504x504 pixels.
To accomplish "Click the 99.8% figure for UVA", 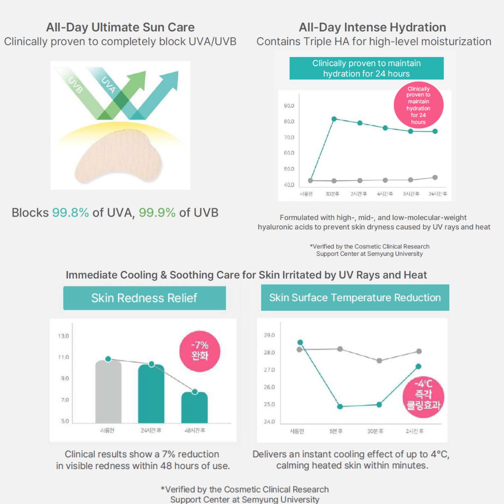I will click(70, 213).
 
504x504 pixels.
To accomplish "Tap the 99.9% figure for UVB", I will click(157, 213).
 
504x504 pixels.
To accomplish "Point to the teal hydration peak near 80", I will click(334, 119).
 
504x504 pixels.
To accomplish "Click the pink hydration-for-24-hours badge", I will click(418, 105).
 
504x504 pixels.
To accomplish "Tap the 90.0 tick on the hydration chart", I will click(288, 106).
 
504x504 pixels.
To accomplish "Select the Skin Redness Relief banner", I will click(144, 298).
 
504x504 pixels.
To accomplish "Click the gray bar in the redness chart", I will click(108, 392).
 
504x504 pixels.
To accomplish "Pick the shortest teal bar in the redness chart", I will click(195, 407).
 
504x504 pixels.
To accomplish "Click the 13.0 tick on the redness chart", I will click(63, 336).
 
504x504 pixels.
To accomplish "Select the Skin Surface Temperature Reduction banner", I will click(355, 298).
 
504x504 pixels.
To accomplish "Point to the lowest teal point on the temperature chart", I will click(340, 406).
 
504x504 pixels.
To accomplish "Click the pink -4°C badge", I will click(423, 394).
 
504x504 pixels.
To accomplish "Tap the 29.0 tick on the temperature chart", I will click(269, 336).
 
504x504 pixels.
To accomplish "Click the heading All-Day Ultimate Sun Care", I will click(120, 28).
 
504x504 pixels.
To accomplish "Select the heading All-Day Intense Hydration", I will click(372, 28).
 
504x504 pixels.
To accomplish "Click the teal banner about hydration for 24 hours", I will click(366, 69).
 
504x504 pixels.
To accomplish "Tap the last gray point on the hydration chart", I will click(435, 177).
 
